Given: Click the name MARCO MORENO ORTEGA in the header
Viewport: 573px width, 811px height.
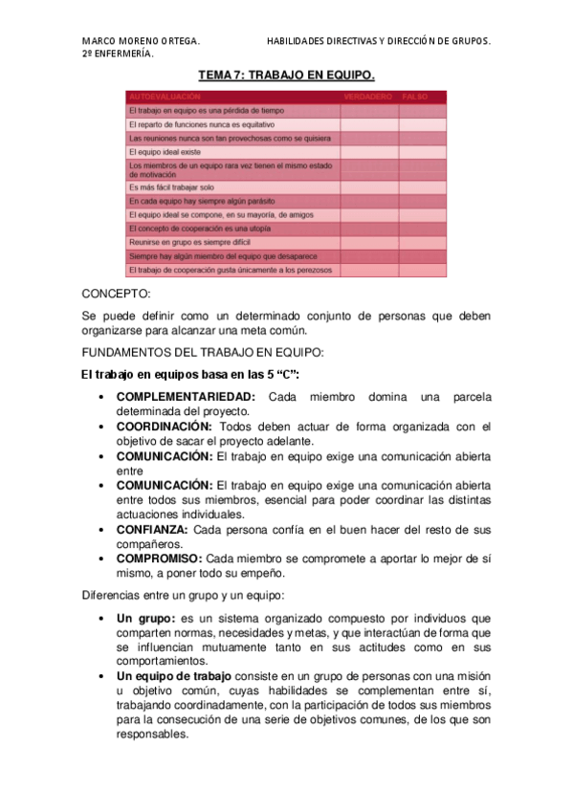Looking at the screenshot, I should click(141, 41).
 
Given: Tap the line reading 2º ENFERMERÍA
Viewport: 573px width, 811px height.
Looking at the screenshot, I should click(119, 54).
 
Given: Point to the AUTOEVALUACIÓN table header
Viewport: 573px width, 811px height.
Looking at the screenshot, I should click(165, 97).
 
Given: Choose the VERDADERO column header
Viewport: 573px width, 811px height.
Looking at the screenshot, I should click(368, 97).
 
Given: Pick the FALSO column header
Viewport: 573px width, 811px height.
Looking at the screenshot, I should click(415, 97).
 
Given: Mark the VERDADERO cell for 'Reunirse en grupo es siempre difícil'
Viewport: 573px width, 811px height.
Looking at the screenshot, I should click(369, 243).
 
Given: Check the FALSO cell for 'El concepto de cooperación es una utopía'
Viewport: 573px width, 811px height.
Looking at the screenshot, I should click(422, 229).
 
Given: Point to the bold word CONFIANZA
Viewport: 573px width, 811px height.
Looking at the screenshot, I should click(152, 529).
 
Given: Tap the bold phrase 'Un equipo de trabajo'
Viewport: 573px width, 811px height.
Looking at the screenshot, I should click(174, 677).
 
